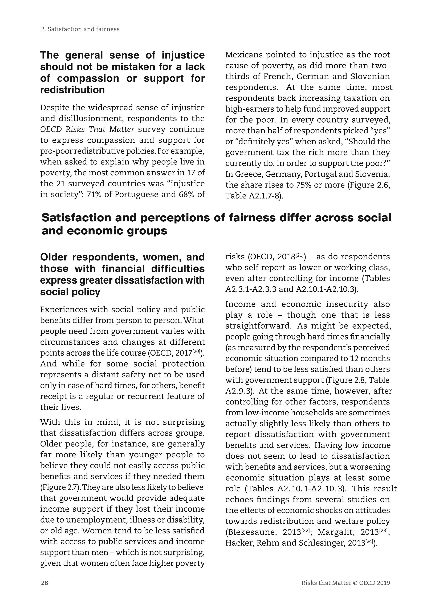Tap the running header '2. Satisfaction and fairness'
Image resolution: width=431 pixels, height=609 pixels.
tap(80, 29)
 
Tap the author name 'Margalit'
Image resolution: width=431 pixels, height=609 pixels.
tap(335, 532)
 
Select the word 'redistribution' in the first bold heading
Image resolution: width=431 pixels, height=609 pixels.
tap(72, 90)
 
